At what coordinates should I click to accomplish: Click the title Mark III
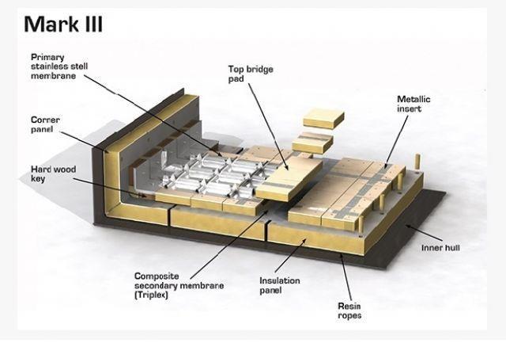coord(63,24)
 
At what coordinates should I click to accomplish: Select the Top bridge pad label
coord(251,74)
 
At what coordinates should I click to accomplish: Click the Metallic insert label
coord(413,104)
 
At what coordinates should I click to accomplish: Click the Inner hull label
coord(441,248)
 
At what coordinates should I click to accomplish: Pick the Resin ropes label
coord(349,310)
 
